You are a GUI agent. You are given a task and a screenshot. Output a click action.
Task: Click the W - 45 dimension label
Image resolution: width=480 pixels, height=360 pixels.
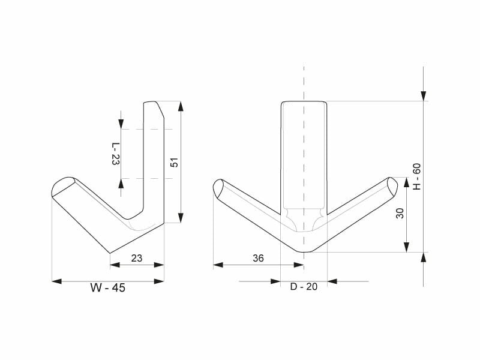click(108, 288)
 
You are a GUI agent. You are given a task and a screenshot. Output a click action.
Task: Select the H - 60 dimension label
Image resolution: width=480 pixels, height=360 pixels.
click(417, 176)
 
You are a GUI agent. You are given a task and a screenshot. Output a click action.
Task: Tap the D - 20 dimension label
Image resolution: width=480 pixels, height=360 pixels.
click(304, 287)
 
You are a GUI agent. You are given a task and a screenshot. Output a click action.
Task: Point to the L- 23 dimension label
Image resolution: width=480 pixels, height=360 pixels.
click(115, 154)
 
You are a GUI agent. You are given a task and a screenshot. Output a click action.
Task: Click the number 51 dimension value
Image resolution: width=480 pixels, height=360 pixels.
click(174, 162)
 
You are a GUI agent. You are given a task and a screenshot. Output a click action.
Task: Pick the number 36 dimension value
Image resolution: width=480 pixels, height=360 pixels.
click(258, 259)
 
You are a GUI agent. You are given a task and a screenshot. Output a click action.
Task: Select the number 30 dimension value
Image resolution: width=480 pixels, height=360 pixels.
click(400, 214)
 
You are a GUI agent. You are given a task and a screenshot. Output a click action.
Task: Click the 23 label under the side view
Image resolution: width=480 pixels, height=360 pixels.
click(137, 259)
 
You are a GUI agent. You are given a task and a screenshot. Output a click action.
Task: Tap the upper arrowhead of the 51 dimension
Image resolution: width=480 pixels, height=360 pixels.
click(181, 106)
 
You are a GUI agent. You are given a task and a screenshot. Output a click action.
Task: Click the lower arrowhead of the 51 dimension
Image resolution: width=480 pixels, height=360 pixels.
click(181, 218)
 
